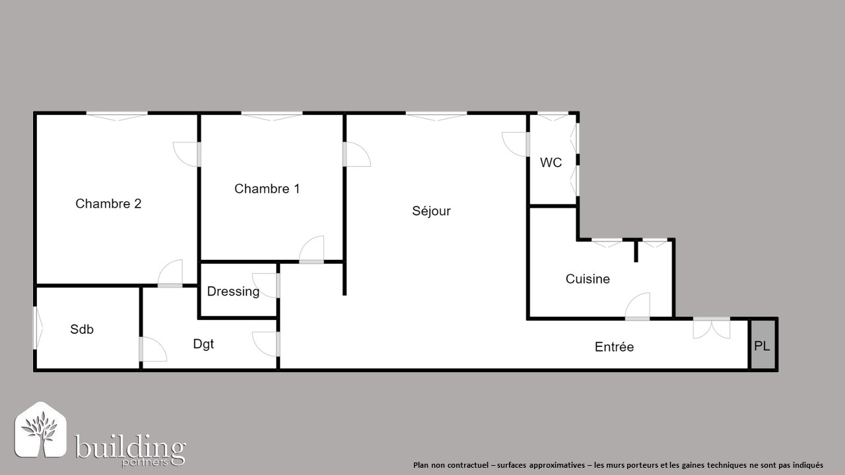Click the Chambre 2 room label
108,204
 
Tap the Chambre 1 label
267,189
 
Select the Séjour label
431,210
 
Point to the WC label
551,162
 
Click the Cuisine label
588,279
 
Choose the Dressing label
233,292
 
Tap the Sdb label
82,329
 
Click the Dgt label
203,344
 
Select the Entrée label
614,347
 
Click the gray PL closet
763,344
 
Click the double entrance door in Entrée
712,328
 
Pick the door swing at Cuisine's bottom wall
638,307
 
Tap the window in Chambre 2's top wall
117,116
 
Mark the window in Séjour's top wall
436,116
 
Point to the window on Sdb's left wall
38,328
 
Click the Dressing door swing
266,286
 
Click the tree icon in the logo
40,429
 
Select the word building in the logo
130,448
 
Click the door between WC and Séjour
516,144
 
